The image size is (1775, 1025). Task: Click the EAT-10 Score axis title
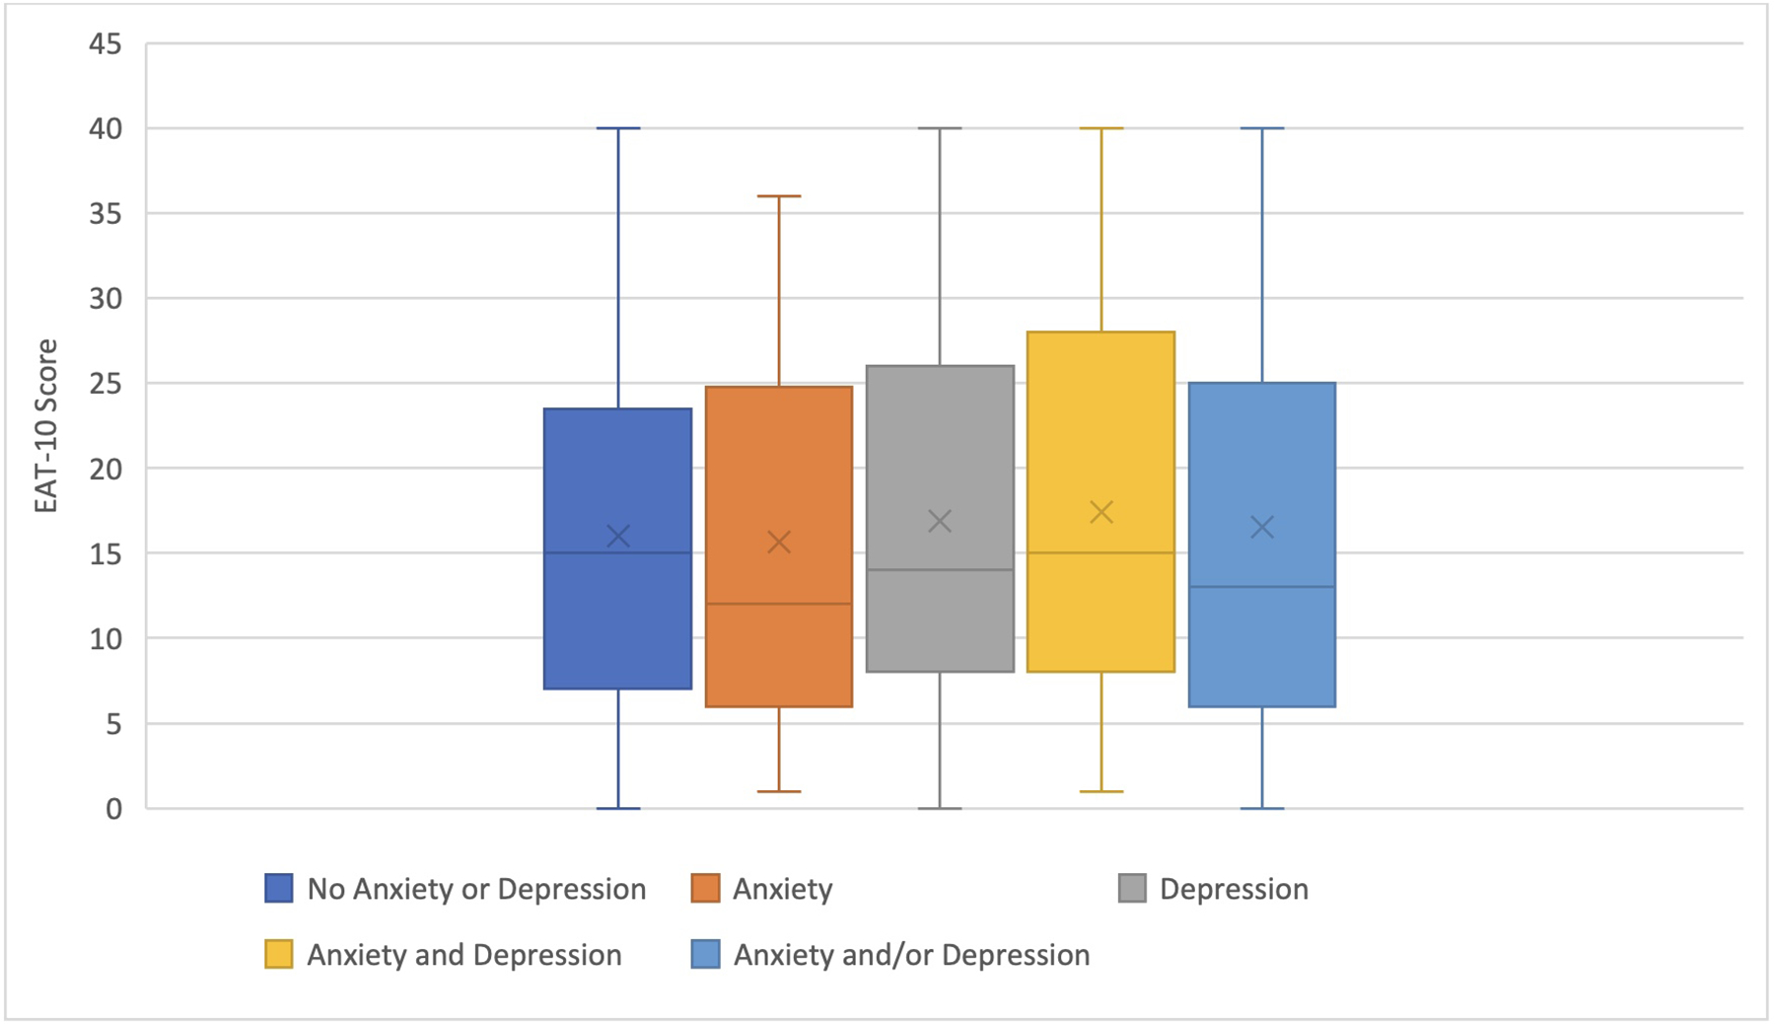coord(46,425)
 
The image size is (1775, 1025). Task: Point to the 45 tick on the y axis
coord(106,43)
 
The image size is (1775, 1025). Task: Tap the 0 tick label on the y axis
coord(114,809)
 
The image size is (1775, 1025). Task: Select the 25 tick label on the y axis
coord(106,383)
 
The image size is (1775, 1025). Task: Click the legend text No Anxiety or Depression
coord(476,889)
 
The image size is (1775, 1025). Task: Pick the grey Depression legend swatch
coord(1132,888)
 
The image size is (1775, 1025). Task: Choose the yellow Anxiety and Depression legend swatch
coord(279,954)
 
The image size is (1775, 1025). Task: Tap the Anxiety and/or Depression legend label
coord(911,954)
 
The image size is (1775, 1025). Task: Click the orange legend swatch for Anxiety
coord(705,888)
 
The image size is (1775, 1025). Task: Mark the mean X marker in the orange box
coord(779,542)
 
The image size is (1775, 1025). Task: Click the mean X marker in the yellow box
coord(1101,512)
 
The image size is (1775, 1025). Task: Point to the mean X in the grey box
coord(940,521)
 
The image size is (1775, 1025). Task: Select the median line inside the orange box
coord(779,604)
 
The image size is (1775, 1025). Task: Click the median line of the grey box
coord(940,569)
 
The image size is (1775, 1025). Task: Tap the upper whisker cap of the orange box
coord(779,196)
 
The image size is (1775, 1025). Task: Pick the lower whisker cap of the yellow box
coord(1101,791)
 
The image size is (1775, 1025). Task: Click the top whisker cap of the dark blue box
coord(618,128)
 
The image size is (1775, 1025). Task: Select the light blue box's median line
coord(1262,587)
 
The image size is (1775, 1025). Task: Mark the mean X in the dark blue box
coord(618,536)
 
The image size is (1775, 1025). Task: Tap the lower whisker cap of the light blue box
coord(1262,808)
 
